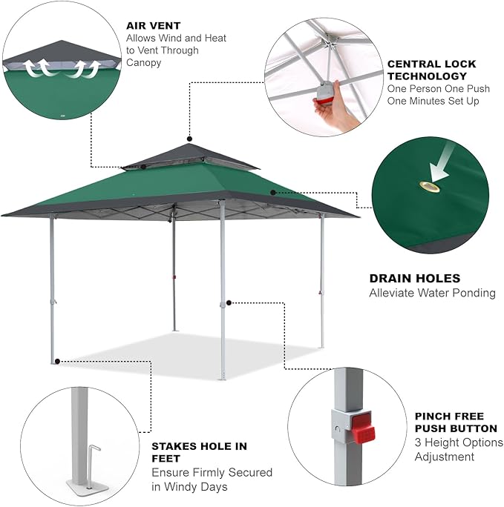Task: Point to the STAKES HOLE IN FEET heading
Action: coord(200,452)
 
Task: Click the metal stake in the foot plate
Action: coord(93,464)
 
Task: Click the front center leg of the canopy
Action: coord(221,296)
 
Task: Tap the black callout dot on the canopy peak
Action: coord(189,139)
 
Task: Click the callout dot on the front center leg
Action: coord(232,302)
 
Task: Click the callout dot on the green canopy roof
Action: coord(274,192)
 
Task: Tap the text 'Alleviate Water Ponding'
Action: coord(432,293)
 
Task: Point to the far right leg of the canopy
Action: coord(321,282)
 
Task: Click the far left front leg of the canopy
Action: coord(52,289)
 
